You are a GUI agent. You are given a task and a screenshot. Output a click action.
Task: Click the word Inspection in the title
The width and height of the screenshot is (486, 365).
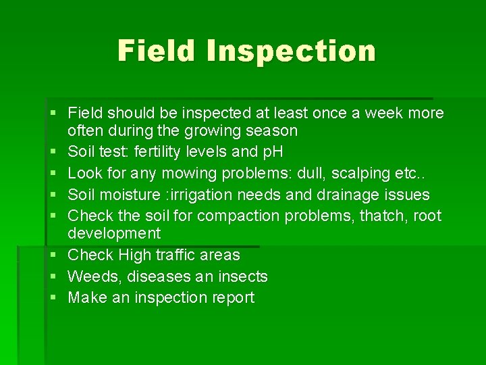click(x=292, y=51)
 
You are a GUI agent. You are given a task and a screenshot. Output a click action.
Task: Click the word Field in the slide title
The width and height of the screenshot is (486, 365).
click(x=159, y=51)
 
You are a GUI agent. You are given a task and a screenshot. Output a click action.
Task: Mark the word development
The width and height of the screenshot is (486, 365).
click(x=114, y=234)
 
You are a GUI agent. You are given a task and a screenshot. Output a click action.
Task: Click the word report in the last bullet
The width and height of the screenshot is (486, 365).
click(x=232, y=298)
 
